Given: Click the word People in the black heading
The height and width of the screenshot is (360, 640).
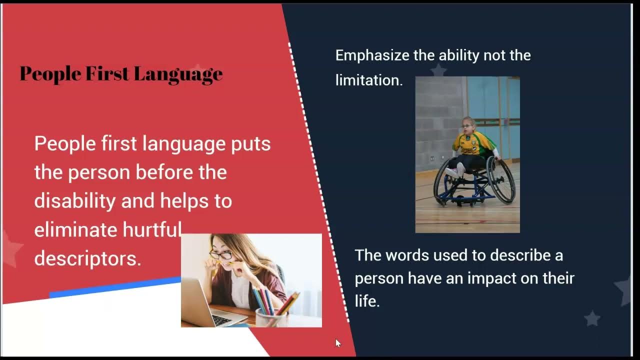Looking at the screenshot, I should (x=50, y=73).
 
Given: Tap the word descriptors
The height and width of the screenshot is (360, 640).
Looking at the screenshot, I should (x=87, y=258).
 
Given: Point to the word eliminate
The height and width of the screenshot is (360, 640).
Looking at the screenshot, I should (x=75, y=230).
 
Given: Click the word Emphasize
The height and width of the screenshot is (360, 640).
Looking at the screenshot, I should (x=372, y=55).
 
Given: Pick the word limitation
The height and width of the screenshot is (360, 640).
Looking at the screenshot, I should (x=368, y=80).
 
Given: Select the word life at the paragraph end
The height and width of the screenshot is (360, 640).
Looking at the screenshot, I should (x=366, y=301).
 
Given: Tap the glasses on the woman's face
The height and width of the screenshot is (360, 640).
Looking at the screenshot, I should (x=220, y=255).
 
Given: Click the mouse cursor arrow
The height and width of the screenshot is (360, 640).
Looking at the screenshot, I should (x=338, y=343).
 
